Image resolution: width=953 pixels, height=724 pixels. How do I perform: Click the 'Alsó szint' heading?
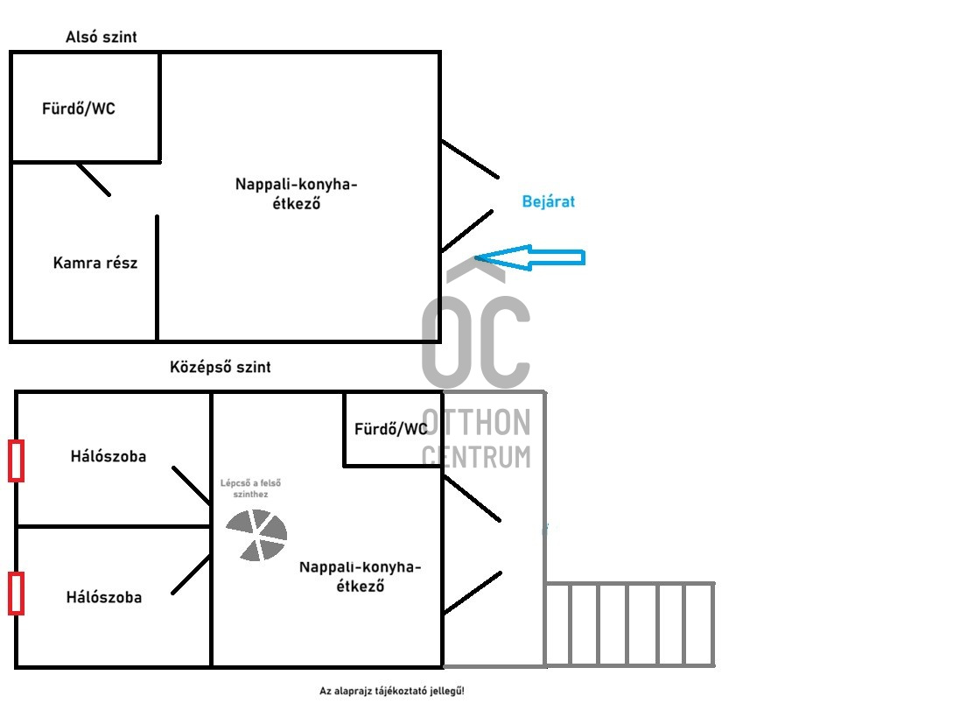[102, 38]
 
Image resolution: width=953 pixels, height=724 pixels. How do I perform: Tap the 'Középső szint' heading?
[221, 368]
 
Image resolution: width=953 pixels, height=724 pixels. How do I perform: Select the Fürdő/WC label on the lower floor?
[79, 109]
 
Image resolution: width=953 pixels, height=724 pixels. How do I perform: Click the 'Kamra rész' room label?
[95, 263]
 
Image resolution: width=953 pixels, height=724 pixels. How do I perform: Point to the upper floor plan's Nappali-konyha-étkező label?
[297, 193]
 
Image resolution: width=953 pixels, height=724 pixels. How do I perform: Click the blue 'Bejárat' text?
[549, 202]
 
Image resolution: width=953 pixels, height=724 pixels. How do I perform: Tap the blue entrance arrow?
[530, 257]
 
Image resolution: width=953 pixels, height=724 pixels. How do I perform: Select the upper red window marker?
[16, 460]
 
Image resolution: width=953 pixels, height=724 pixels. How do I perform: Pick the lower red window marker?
[16, 593]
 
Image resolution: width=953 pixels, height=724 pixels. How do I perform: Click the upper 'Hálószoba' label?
[109, 456]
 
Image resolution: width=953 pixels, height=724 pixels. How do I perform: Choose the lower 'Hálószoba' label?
[104, 598]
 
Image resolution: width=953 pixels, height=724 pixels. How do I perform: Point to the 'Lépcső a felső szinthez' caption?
[251, 489]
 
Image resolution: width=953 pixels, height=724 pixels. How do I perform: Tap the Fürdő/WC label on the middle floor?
[390, 429]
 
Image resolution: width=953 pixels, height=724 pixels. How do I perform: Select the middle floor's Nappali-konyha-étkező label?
[361, 576]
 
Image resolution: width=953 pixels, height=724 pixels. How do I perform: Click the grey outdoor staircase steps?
[629, 624]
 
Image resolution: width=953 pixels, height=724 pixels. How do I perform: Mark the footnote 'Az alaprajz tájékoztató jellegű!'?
[392, 692]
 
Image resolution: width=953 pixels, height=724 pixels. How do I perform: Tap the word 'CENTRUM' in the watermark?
[476, 456]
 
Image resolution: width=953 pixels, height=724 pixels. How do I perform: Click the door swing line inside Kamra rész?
[94, 179]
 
